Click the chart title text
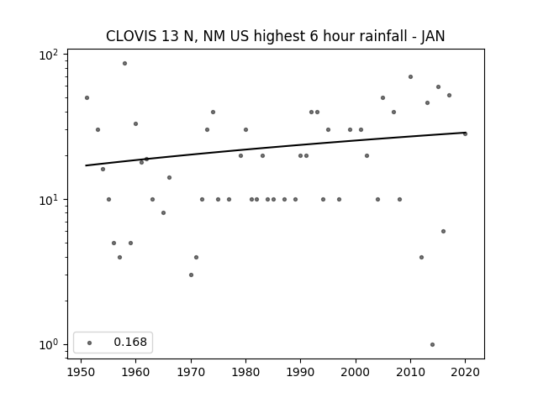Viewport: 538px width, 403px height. pyautogui.click(x=275, y=36)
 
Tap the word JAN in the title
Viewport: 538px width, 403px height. pyautogui.click(x=433, y=36)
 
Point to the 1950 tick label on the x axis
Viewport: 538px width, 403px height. pyautogui.click(x=81, y=372)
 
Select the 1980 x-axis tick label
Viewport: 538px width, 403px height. pyautogui.click(x=245, y=372)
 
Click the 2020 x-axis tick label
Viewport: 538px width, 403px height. pyautogui.click(x=465, y=372)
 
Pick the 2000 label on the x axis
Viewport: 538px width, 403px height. pyautogui.click(x=356, y=372)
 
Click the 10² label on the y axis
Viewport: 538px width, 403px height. pyautogui.click(x=49, y=55)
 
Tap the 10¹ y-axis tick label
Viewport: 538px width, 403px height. pyautogui.click(x=49, y=200)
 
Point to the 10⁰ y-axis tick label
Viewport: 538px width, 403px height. pyautogui.click(x=49, y=345)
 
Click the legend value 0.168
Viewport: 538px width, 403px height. pyautogui.click(x=130, y=342)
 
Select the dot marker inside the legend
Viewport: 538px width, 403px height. pyautogui.click(x=90, y=343)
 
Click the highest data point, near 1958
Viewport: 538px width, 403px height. pyautogui.click(x=125, y=64)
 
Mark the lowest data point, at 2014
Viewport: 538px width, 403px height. pyautogui.click(x=432, y=345)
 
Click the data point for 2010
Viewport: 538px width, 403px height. pyautogui.click(x=410, y=76)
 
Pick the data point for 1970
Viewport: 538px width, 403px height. pyautogui.click(x=191, y=275)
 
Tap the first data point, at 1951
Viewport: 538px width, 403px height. pyautogui.click(x=87, y=97)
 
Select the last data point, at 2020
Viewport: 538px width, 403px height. pyautogui.click(x=465, y=134)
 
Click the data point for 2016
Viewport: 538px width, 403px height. pyautogui.click(x=443, y=232)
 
